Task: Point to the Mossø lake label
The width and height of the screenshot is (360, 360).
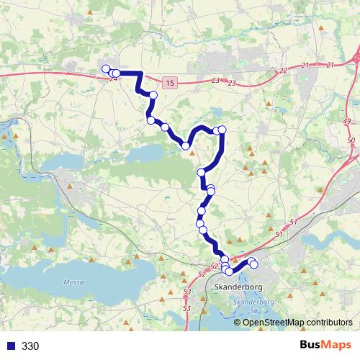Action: point(74,282)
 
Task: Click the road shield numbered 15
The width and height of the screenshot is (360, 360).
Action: point(168,84)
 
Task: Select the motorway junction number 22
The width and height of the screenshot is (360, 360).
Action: point(283,71)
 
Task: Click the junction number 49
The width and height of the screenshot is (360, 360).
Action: point(347,121)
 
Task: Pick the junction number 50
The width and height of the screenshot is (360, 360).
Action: point(351,140)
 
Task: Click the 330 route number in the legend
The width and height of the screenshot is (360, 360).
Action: point(30,346)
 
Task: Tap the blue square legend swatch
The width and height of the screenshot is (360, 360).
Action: point(12,346)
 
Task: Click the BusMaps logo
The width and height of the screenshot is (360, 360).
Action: point(324,346)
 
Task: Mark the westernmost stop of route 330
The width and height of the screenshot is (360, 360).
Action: point(106,69)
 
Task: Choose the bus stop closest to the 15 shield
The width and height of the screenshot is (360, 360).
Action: point(153,95)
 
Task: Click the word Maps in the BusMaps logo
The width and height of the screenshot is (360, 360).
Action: point(334,346)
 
